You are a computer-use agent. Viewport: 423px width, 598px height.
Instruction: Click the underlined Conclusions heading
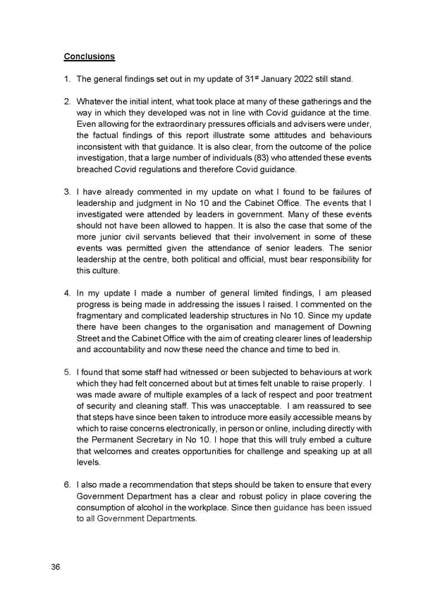[x=90, y=56]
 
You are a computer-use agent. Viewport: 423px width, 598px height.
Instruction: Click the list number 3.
[x=66, y=192]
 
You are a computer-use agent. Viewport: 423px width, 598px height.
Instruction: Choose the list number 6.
[x=66, y=485]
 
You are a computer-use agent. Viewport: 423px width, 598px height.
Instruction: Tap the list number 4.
[x=66, y=293]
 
